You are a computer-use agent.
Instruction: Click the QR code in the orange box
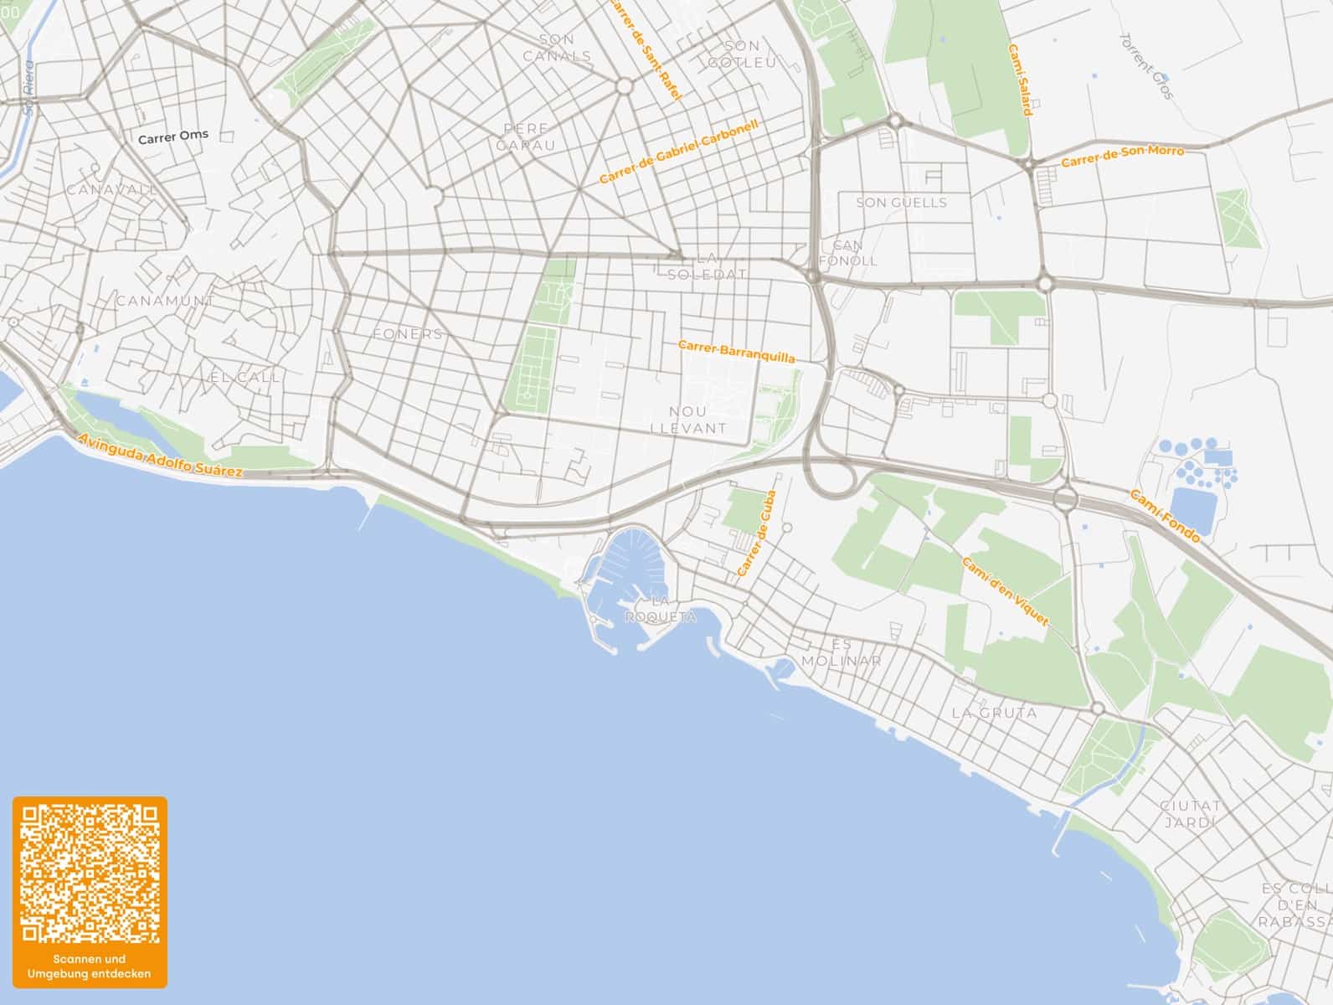pyautogui.click(x=90, y=873)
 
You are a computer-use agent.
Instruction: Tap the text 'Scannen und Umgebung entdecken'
pyautogui.click(x=90, y=966)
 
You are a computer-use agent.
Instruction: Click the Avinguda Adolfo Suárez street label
pyautogui.click(x=159, y=456)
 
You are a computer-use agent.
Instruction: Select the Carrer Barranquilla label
pyautogui.click(x=736, y=351)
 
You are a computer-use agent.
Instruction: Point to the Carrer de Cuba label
pyautogui.click(x=757, y=533)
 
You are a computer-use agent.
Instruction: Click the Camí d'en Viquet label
pyautogui.click(x=1005, y=591)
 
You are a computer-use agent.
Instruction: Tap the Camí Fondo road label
pyautogui.click(x=1165, y=516)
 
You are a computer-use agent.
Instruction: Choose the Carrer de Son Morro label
pyautogui.click(x=1122, y=157)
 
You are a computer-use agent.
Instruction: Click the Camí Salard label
pyautogui.click(x=1019, y=80)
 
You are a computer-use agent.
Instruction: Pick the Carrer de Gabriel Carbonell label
pyautogui.click(x=679, y=152)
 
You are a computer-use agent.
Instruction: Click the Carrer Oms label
pyautogui.click(x=173, y=136)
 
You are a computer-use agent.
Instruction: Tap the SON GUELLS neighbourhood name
pyautogui.click(x=901, y=203)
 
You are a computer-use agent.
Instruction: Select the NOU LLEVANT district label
pyautogui.click(x=688, y=420)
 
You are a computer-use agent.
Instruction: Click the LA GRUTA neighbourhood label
pyautogui.click(x=994, y=714)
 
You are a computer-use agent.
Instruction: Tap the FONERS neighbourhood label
pyautogui.click(x=407, y=334)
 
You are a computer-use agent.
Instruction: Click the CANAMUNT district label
pyautogui.click(x=165, y=301)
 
